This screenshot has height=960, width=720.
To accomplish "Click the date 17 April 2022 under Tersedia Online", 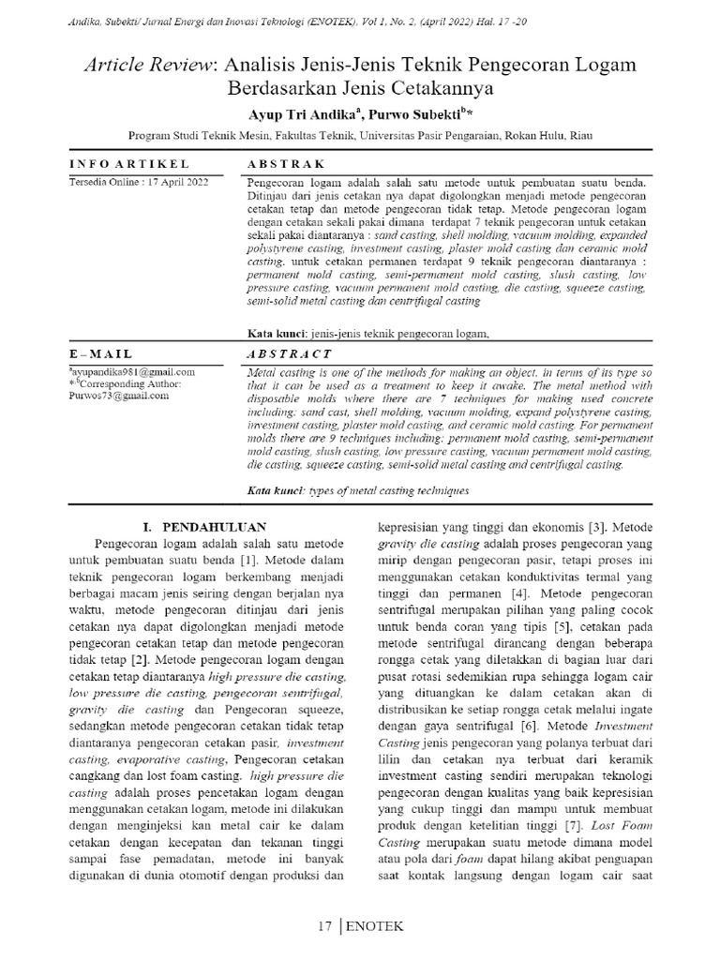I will click(173, 182).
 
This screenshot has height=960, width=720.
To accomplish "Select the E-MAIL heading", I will click(101, 354).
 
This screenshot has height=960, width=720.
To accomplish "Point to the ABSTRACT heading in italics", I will click(289, 354).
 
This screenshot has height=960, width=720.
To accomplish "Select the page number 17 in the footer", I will click(324, 926).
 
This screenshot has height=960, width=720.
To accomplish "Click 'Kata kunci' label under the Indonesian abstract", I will click(273, 333).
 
